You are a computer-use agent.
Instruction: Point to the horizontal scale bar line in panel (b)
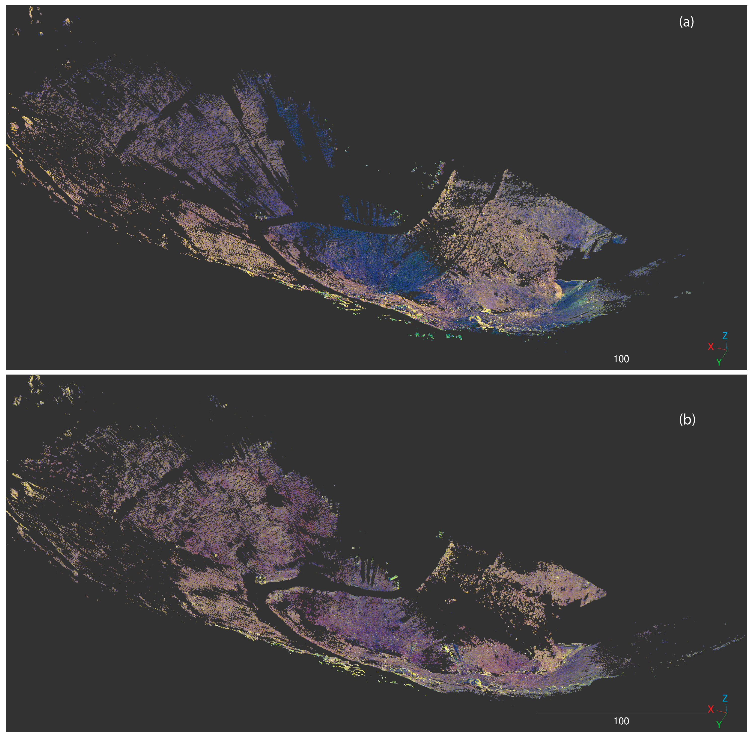coord(621,713)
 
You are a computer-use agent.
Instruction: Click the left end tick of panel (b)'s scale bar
coord(536,713)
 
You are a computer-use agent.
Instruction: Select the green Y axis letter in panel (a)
coord(719,362)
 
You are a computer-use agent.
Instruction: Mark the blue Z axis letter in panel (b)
coord(724,698)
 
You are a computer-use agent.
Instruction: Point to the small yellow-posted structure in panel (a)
coord(259,216)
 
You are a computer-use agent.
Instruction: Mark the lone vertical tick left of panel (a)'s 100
coord(536,350)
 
